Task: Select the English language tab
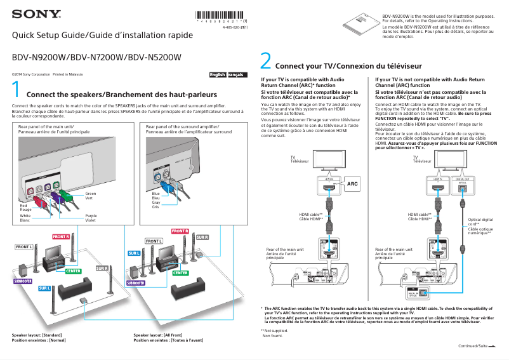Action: tap(218, 75)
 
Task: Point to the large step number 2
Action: tap(266, 62)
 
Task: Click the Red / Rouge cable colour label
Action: tap(25, 208)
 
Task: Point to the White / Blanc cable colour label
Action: tap(25, 218)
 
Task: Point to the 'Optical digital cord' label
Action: tap(480, 222)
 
